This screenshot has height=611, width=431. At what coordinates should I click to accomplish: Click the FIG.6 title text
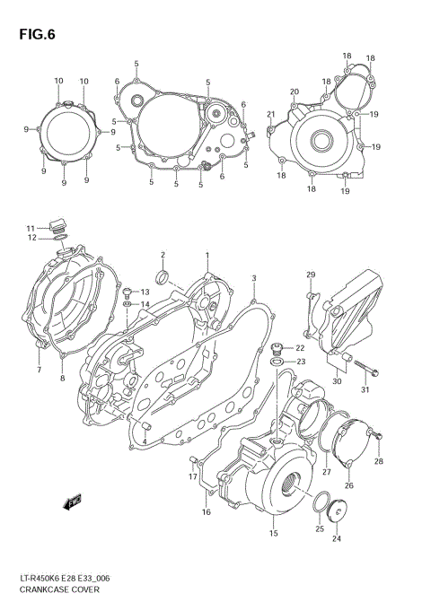[35, 35]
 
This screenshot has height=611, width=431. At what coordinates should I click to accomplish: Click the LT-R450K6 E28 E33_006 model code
[67, 579]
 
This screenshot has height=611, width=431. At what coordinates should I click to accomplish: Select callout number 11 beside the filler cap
[30, 228]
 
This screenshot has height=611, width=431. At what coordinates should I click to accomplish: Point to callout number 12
[30, 239]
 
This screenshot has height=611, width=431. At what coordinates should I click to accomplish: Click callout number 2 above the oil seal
[163, 255]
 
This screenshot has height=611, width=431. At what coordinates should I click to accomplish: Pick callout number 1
[207, 255]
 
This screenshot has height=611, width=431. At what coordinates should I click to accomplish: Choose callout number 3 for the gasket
[254, 279]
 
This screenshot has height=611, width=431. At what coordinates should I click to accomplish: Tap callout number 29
[311, 274]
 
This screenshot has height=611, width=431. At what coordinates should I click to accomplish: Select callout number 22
[301, 348]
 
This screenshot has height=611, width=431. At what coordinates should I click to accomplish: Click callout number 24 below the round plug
[337, 539]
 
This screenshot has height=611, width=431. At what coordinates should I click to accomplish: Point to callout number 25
[319, 529]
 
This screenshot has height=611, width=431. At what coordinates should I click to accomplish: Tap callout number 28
[379, 461]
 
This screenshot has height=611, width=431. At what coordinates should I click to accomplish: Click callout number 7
[40, 370]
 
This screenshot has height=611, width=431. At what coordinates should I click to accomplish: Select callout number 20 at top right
[294, 92]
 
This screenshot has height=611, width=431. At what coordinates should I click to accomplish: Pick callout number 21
[270, 114]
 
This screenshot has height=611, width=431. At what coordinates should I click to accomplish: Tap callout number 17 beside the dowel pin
[192, 477]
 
